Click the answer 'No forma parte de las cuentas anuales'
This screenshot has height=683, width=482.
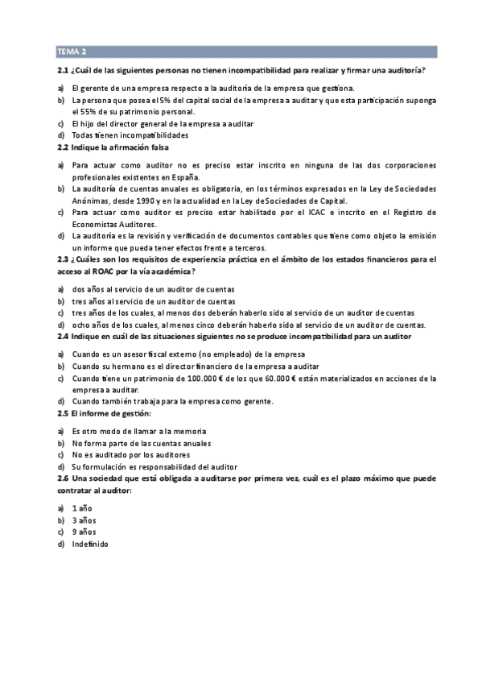click(x=141, y=443)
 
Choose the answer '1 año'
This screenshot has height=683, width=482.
click(x=84, y=507)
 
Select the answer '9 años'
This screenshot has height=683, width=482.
click(x=84, y=532)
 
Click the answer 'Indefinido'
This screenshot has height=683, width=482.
click(x=89, y=544)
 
